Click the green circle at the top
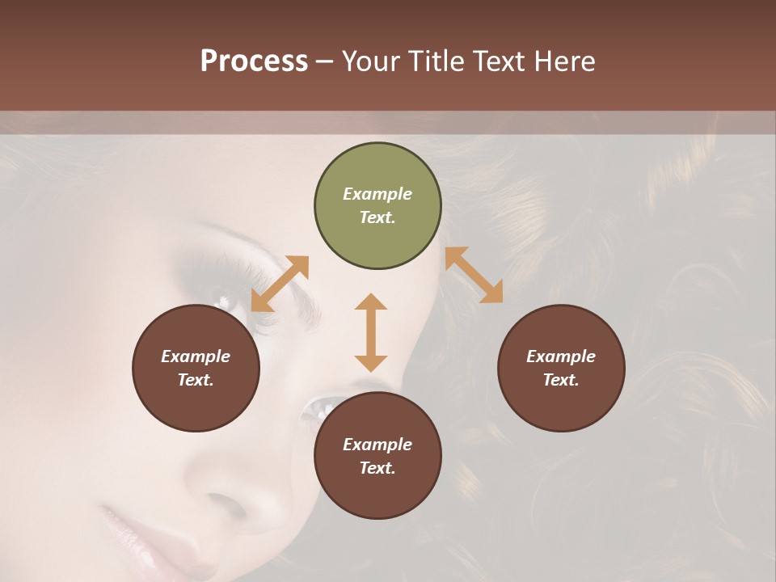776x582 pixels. pyautogui.click(x=377, y=206)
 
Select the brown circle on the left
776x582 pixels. pyautogui.click(x=196, y=368)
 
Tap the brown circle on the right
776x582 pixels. pyautogui.click(x=561, y=368)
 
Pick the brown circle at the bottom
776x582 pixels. pyautogui.click(x=377, y=455)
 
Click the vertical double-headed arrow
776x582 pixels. pyautogui.click(x=371, y=332)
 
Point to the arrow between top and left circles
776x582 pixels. pyautogui.click(x=280, y=284)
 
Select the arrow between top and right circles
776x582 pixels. pyautogui.click(x=474, y=275)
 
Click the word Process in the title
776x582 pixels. pyautogui.click(x=254, y=61)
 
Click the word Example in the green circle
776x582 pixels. pyautogui.click(x=377, y=194)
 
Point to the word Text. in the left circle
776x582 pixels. pyautogui.click(x=196, y=380)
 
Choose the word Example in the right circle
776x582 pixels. pyautogui.click(x=561, y=356)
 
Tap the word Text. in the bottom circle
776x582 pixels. pyautogui.click(x=377, y=468)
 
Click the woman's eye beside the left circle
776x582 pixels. pyautogui.click(x=226, y=302)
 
